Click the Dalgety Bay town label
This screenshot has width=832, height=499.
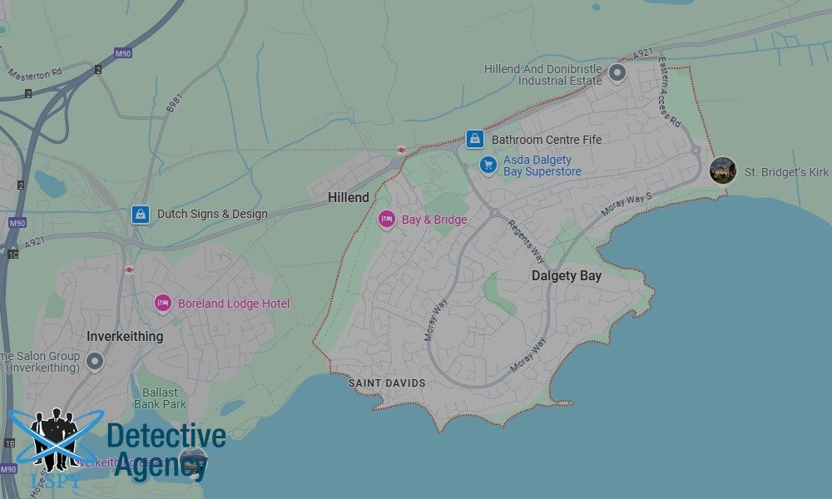click(566, 275)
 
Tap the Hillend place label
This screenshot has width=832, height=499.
click(349, 198)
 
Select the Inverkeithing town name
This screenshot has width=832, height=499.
click(125, 336)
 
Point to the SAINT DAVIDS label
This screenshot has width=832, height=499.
click(387, 383)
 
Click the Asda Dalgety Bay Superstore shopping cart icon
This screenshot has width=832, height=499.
click(488, 166)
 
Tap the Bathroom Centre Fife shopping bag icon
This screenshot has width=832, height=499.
click(474, 139)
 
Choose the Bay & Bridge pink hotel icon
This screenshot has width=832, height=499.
click(386, 220)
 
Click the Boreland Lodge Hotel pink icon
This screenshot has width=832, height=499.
click(163, 304)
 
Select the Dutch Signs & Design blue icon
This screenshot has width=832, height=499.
click(140, 214)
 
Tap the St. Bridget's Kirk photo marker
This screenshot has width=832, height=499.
click(722, 170)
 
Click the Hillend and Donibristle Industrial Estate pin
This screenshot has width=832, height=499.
click(617, 73)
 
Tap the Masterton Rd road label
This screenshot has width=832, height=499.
click(35, 74)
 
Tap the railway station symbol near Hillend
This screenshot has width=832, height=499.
click(401, 150)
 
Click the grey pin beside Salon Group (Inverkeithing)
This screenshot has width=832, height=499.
click(94, 362)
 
